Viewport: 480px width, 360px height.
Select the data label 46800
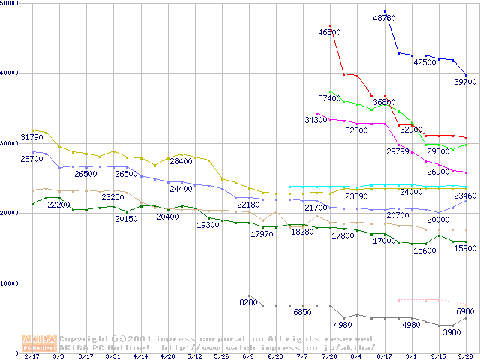pos(329,32)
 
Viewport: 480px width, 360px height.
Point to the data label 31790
pos(31,137)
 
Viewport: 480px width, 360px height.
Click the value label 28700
pos(31,159)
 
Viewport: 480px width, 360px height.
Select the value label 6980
pos(466,311)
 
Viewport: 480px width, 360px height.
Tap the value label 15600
pos(424,250)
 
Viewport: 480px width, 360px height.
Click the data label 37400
pos(329,98)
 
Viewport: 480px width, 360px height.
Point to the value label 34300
pos(316,120)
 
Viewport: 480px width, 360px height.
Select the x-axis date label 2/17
pos(31,356)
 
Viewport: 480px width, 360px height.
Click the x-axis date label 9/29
pos(466,356)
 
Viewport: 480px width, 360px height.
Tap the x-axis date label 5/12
pos(194,356)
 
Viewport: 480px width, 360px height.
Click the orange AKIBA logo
pos(40,342)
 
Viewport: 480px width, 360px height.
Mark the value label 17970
pos(262,235)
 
